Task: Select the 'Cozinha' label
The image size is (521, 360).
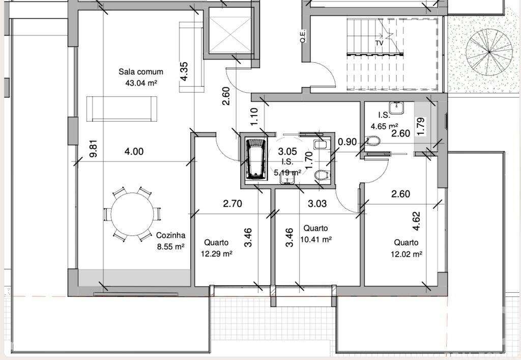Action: [x=170, y=236]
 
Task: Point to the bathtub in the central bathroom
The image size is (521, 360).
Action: [x=256, y=159]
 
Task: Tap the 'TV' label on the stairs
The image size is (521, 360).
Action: [x=379, y=43]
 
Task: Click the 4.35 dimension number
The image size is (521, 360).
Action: [x=185, y=71]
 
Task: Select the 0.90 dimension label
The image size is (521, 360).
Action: [x=348, y=142]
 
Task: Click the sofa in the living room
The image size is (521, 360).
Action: [x=122, y=108]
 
